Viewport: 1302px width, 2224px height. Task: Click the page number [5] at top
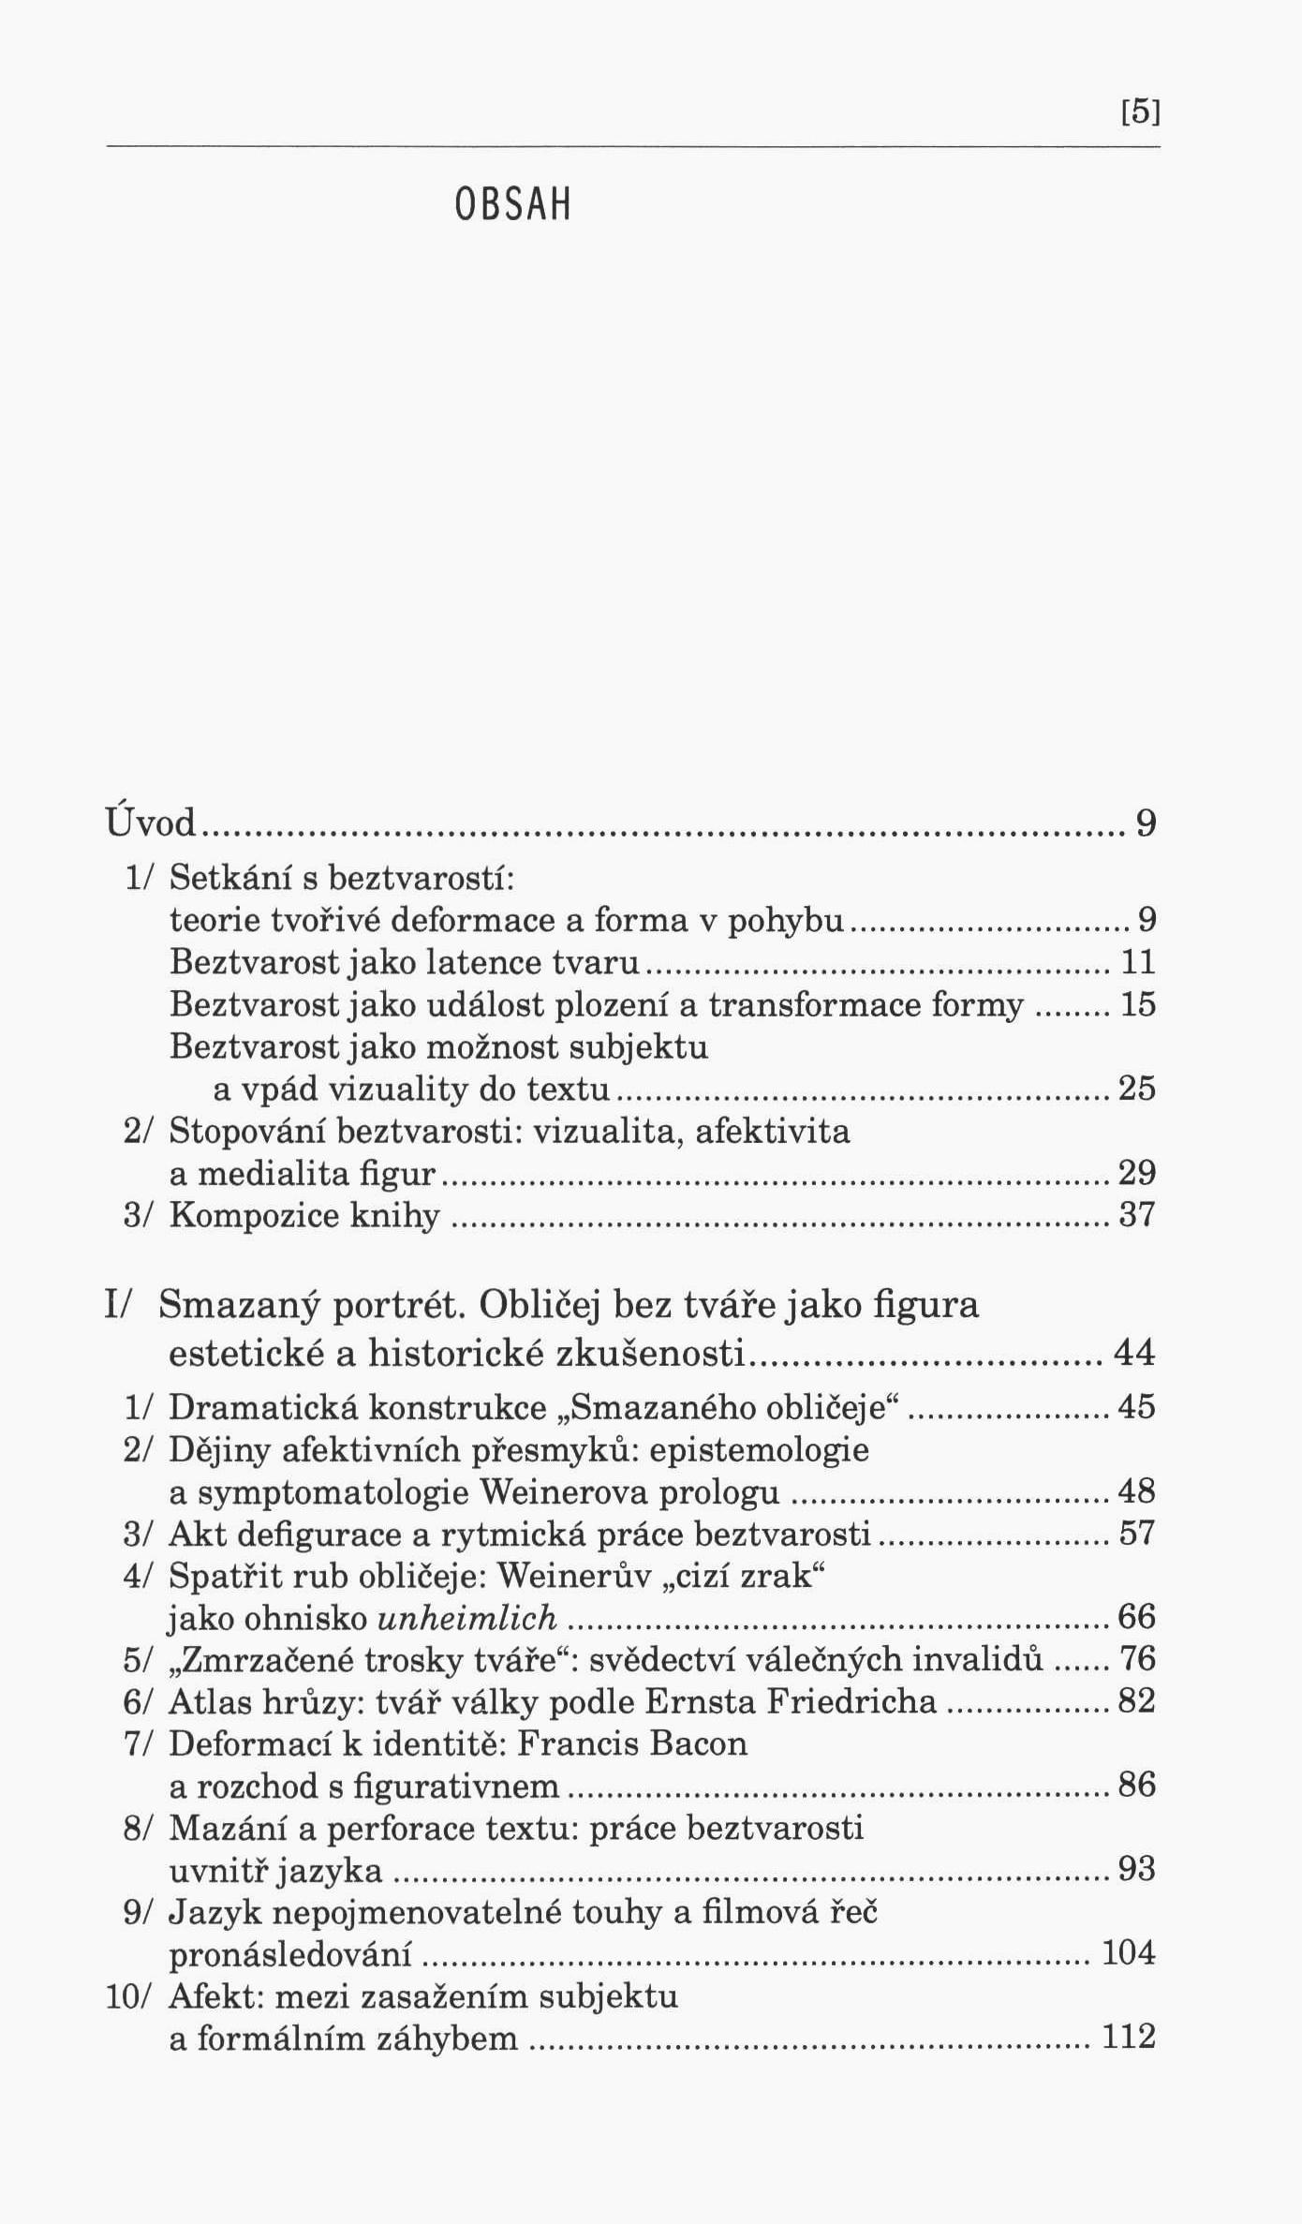[1140, 113]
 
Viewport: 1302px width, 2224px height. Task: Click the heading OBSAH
[512, 205]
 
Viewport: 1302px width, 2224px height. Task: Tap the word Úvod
[151, 823]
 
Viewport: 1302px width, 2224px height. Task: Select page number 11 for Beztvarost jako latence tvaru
[1138, 962]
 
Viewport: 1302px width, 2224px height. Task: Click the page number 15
[1138, 1004]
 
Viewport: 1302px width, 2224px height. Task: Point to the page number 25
[1137, 1089]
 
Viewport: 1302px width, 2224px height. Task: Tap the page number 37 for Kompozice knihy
[1138, 1216]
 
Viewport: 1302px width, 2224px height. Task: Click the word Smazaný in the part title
[240, 1304]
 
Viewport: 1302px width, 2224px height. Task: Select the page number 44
[1134, 1353]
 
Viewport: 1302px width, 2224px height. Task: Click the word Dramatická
[263, 1407]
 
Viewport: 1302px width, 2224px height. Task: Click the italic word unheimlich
[467, 1617]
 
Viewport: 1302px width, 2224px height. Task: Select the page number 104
[1129, 1953]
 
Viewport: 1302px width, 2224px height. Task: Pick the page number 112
[1129, 2038]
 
